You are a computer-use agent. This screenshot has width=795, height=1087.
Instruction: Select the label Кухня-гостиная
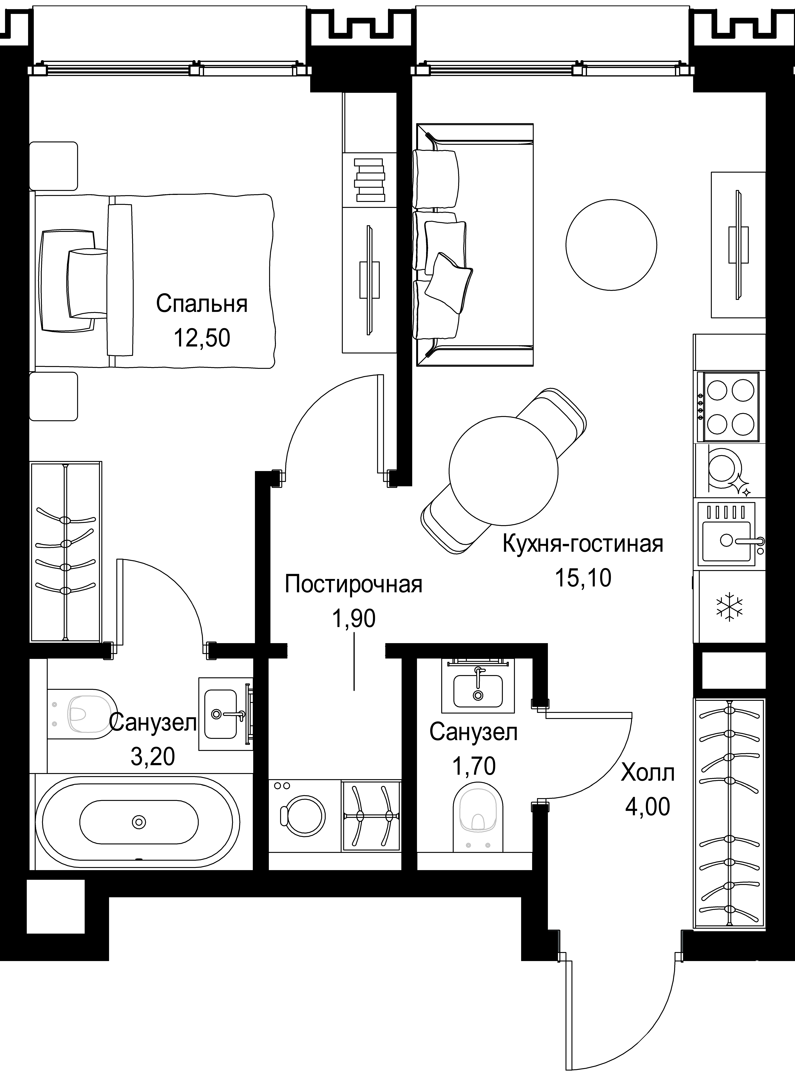tap(583, 544)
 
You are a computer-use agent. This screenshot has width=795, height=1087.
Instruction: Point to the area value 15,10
tap(583, 578)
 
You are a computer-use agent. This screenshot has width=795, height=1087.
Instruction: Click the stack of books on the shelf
tap(370, 180)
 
